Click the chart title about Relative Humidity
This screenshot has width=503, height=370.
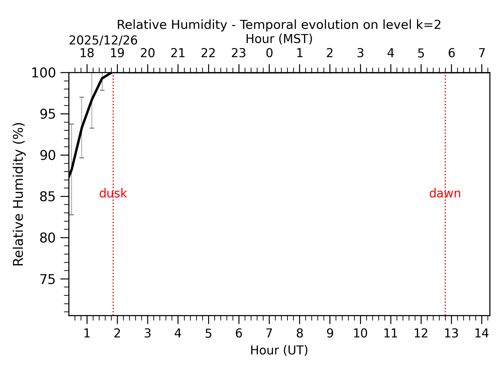pyautogui.click(x=279, y=25)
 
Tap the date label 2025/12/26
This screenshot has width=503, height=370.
pyautogui.click(x=103, y=40)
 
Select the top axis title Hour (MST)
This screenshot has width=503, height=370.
pyautogui.click(x=279, y=39)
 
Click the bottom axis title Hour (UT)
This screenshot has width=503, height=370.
pyautogui.click(x=279, y=350)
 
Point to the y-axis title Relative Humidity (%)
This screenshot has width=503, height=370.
pyautogui.click(x=19, y=194)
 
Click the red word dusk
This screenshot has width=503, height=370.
pyautogui.click(x=113, y=193)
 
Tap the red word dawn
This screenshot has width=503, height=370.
pyautogui.click(x=445, y=193)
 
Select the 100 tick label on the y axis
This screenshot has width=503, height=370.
pyautogui.click(x=43, y=73)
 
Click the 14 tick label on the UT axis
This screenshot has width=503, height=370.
pyautogui.click(x=482, y=334)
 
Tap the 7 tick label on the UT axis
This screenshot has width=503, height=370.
pyautogui.click(x=269, y=334)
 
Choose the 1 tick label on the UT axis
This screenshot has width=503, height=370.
pyautogui.click(x=87, y=334)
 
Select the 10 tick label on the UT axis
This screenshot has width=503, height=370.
pyautogui.click(x=360, y=334)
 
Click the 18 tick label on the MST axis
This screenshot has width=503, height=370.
pyautogui.click(x=87, y=53)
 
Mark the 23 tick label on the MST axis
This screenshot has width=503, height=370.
pyautogui.click(x=239, y=53)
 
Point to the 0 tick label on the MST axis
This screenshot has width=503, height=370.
pyautogui.click(x=269, y=53)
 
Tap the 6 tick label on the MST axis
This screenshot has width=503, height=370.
pyautogui.click(x=451, y=53)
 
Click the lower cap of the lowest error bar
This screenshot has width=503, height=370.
pyautogui.click(x=71, y=215)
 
